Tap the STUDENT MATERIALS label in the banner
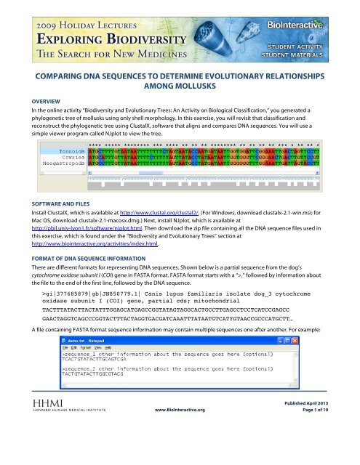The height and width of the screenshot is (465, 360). click(x=326, y=52)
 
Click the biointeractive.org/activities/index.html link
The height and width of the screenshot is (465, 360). click(x=79, y=256)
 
